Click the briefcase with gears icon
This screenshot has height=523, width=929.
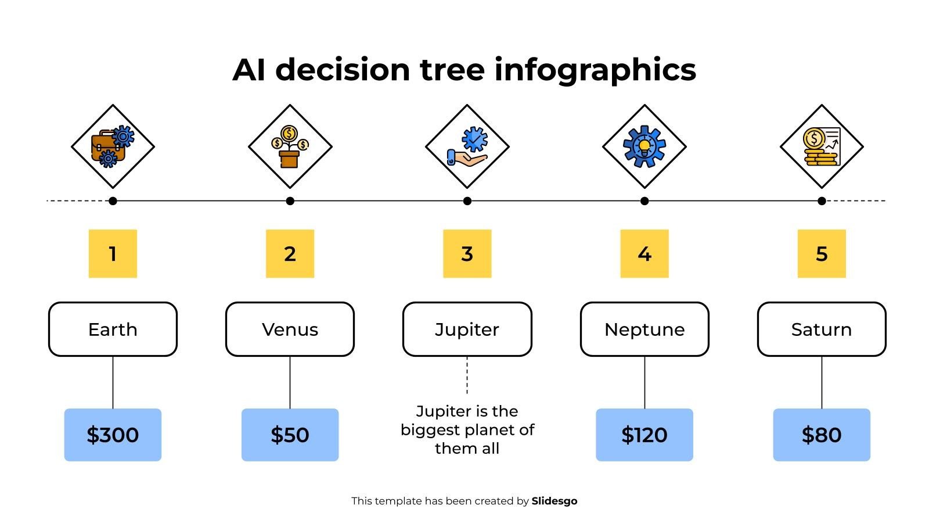113,146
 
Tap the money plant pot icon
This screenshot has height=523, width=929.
290,146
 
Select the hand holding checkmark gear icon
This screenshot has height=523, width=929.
467,146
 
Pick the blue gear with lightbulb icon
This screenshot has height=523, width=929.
644,146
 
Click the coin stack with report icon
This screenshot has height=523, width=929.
822,146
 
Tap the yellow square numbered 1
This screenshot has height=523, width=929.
113,253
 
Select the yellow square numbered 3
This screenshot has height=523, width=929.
467,253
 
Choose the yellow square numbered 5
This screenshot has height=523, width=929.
822,253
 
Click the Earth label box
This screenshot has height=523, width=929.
113,329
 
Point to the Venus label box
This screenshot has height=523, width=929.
290,329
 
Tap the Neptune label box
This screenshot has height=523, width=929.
644,329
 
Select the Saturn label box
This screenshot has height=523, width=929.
822,329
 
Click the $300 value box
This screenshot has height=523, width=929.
113,435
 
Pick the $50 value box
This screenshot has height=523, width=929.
290,435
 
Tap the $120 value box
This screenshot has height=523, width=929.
644,435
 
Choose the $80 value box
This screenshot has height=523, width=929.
822,435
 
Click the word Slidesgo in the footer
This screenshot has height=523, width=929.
554,501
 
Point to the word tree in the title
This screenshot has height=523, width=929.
452,70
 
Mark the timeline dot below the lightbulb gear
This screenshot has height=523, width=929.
644,201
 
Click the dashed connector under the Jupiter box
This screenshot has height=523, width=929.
467,375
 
